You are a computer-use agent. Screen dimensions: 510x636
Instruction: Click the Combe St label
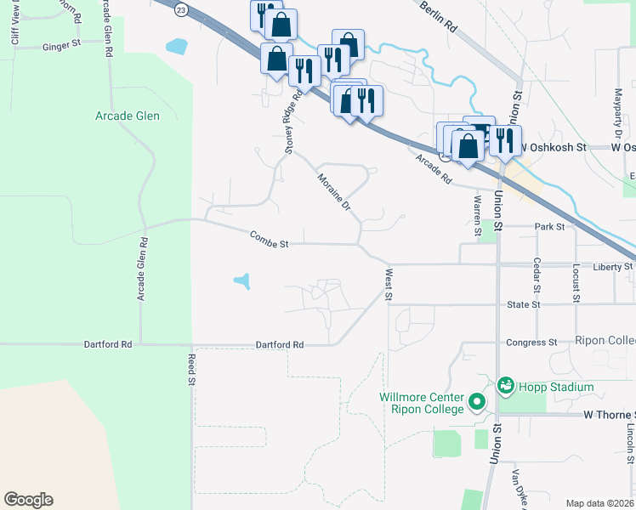(270, 239)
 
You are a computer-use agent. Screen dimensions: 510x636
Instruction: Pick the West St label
(389, 285)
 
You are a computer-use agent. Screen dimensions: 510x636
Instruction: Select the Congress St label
(531, 343)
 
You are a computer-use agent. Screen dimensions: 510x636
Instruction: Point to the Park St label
(550, 227)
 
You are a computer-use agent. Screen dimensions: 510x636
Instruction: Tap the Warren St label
(477, 214)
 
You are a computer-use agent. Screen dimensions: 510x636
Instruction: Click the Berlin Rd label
(440, 16)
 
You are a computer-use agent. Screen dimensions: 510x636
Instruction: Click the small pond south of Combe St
(242, 280)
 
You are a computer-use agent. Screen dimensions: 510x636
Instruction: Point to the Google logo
(28, 500)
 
